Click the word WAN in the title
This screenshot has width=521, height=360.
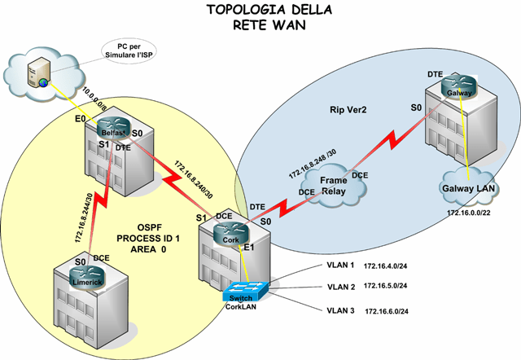tap(280, 24)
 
